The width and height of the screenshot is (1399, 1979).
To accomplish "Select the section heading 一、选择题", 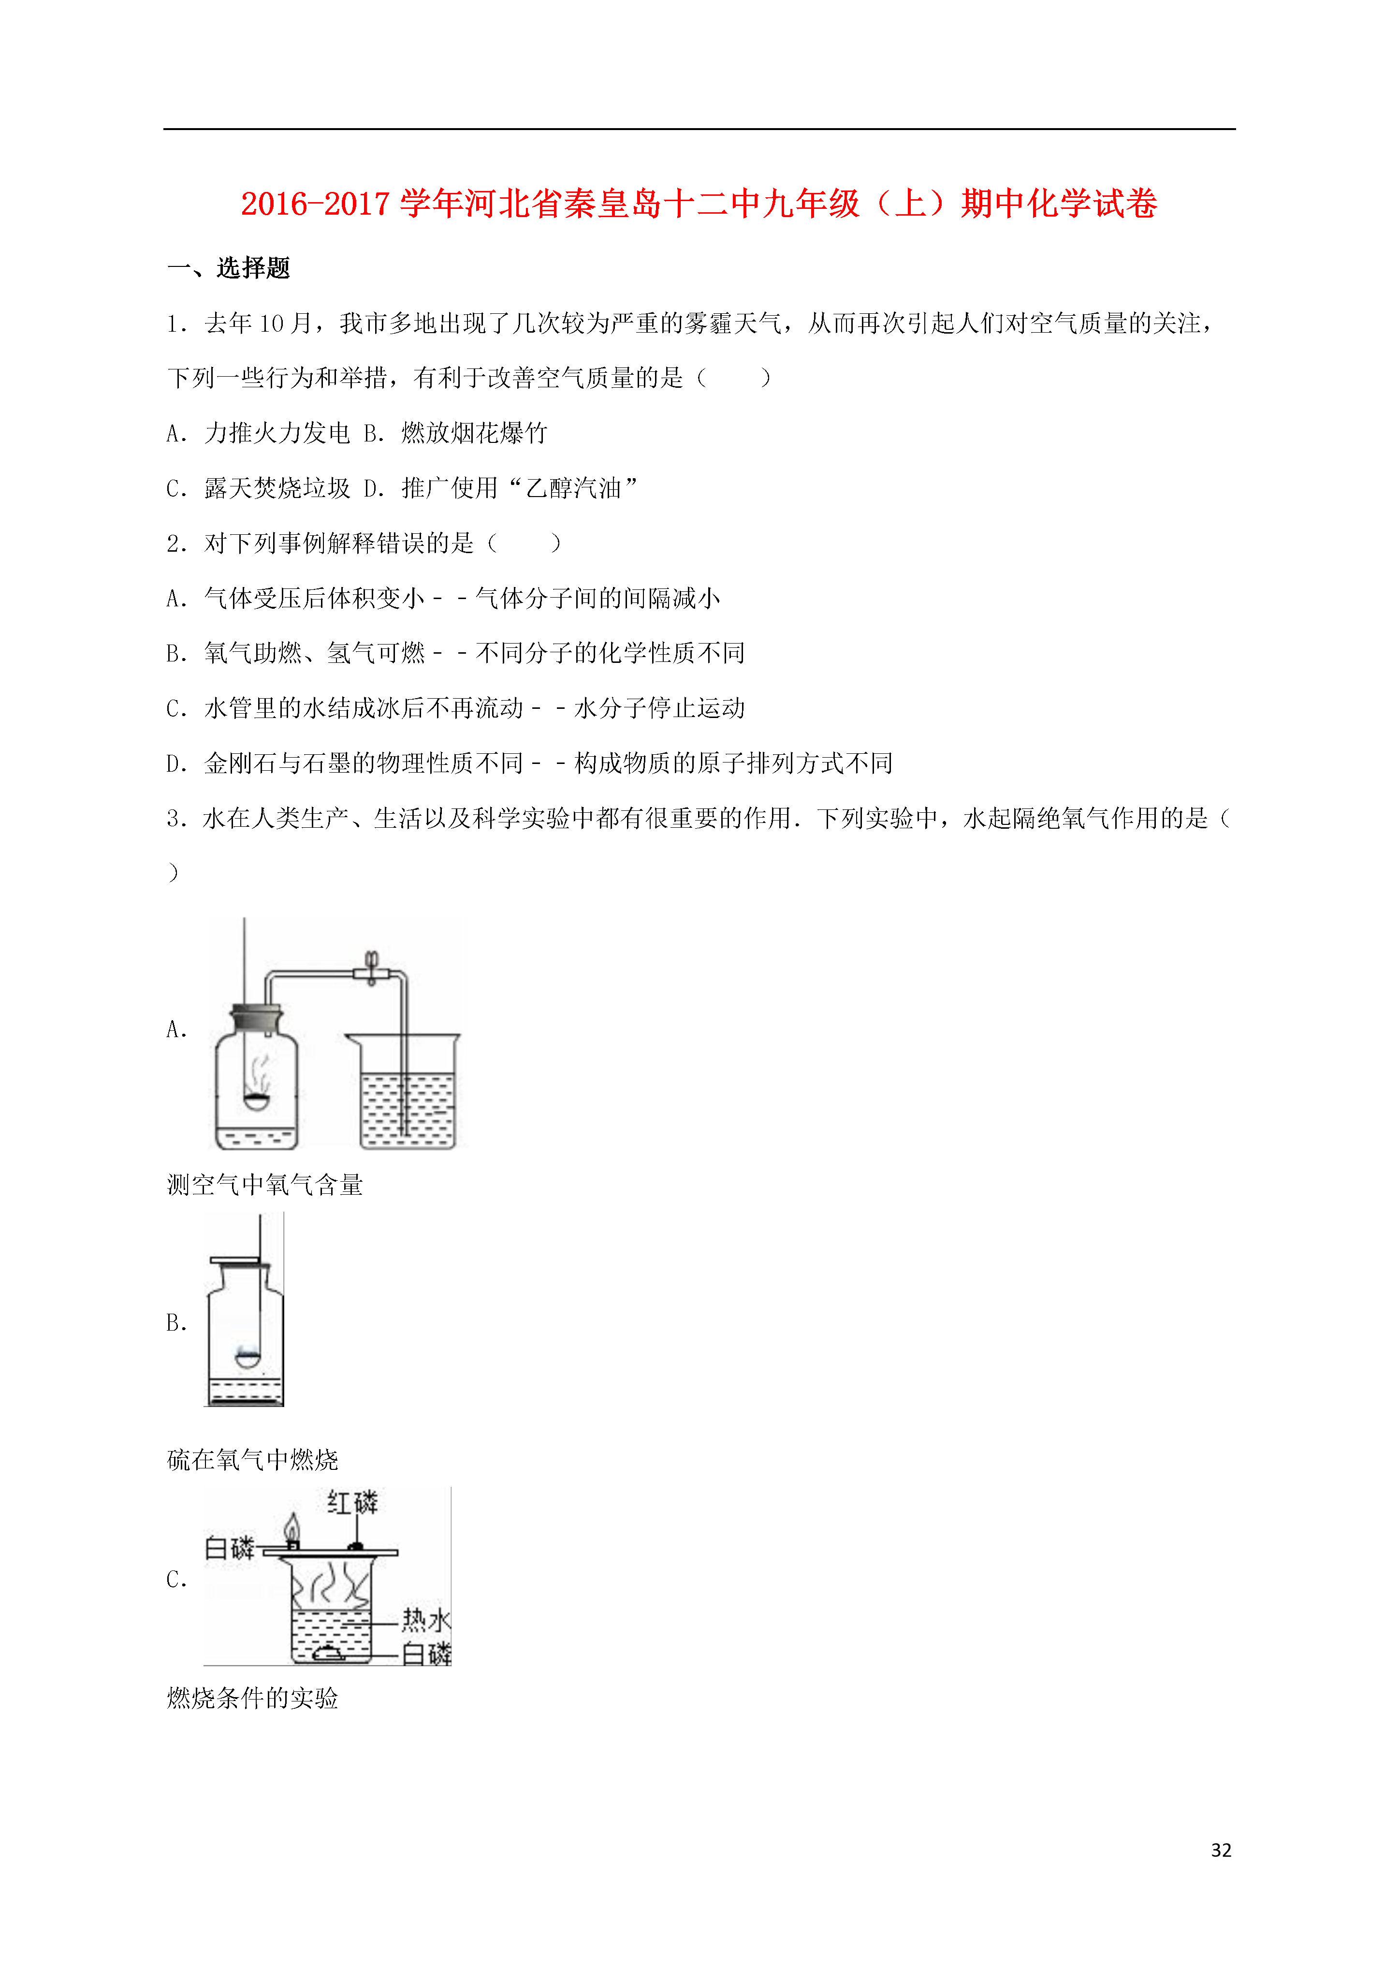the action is point(229,268).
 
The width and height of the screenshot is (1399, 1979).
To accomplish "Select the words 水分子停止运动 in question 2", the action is point(659,708).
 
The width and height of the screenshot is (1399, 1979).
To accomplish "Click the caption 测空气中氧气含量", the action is point(264,1184).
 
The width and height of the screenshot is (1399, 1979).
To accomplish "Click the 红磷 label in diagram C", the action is point(352,1502).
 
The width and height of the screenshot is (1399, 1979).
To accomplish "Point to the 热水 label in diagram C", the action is point(426,1620).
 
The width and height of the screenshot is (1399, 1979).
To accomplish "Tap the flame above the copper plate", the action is point(292,1528).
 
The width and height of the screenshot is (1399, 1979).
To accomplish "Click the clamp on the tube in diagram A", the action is point(372,969).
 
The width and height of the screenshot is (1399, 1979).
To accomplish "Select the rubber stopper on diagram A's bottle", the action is point(256,1017).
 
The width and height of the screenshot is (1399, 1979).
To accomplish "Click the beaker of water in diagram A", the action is point(403,1091).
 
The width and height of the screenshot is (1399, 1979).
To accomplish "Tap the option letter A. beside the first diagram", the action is point(177,1029).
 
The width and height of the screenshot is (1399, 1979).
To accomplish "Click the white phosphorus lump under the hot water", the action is point(328,1652).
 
